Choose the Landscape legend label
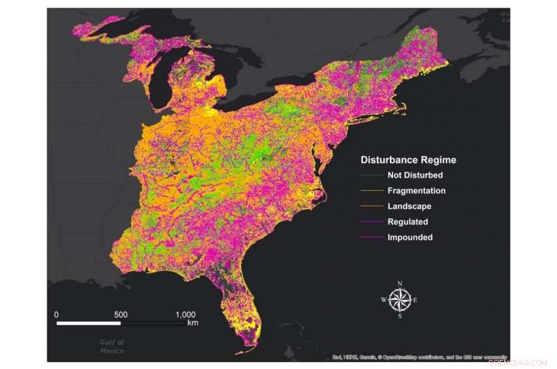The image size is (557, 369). [x=409, y=206]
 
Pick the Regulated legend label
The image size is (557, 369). [x=408, y=221]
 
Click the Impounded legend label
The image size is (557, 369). [x=410, y=237]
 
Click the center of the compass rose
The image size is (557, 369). [x=400, y=299]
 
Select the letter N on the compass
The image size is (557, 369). [x=400, y=283]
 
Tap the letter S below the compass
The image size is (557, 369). [x=400, y=316]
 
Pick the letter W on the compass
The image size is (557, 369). [x=384, y=300]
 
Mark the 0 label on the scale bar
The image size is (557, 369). [x=56, y=314]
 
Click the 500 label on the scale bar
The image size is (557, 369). [x=120, y=314]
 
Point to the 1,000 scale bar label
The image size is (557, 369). [x=182, y=314]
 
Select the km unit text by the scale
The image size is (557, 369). [x=193, y=323]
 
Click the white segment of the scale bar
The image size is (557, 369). [x=88, y=323]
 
